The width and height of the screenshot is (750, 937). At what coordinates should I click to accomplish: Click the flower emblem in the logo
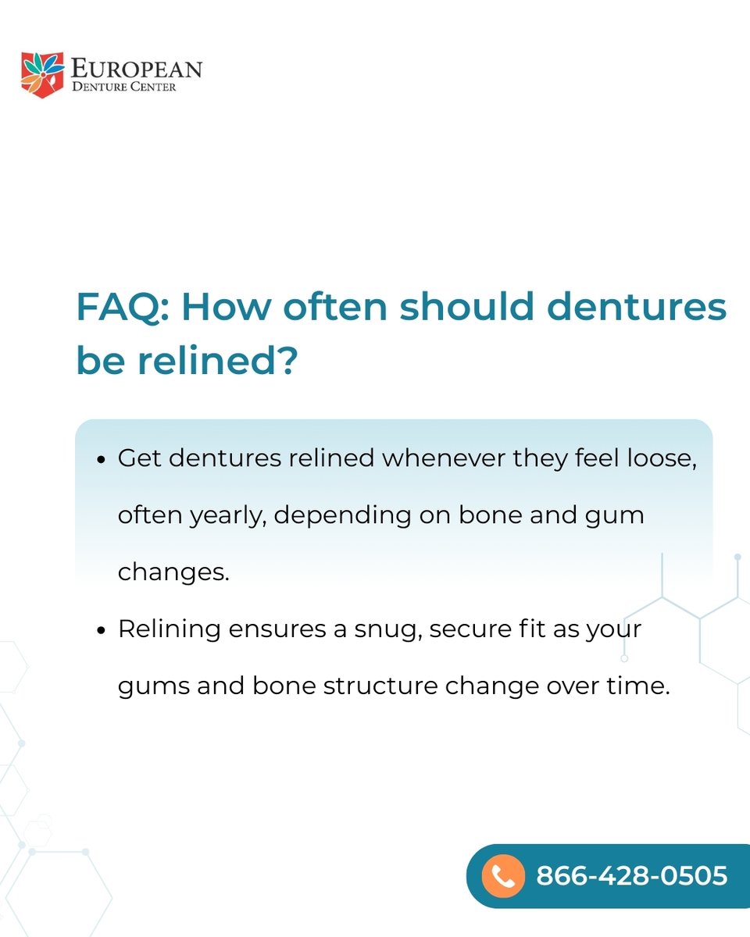tap(41, 74)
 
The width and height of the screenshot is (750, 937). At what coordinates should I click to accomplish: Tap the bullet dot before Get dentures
tap(101, 460)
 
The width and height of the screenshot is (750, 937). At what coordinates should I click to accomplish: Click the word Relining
tap(166, 629)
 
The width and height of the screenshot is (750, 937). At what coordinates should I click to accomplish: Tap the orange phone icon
tap(503, 876)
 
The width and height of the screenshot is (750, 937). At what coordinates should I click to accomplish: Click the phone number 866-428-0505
tap(631, 876)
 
